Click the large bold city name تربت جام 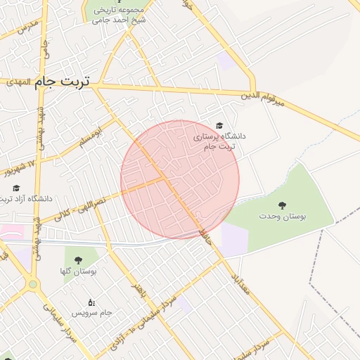(63, 82)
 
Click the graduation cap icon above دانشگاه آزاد (15, 188)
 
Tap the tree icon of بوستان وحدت (282, 205)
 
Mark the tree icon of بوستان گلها (78, 259)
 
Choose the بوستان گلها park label (78, 271)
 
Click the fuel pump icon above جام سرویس (91, 302)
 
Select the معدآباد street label (240, 281)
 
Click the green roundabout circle (32, 285)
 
